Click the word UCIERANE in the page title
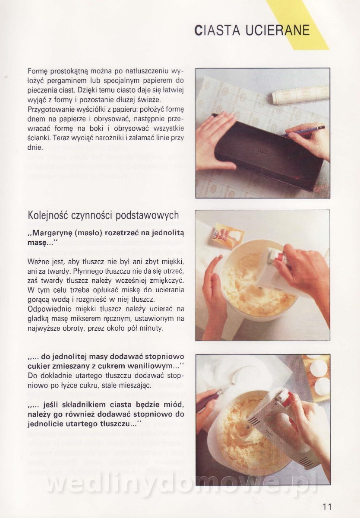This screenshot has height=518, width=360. pyautogui.click(x=278, y=30)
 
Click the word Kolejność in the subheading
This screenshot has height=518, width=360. pyautogui.click(x=47, y=215)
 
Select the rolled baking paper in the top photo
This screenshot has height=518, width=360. pyautogui.click(x=300, y=95)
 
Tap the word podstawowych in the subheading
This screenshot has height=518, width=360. pyautogui.click(x=147, y=215)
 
